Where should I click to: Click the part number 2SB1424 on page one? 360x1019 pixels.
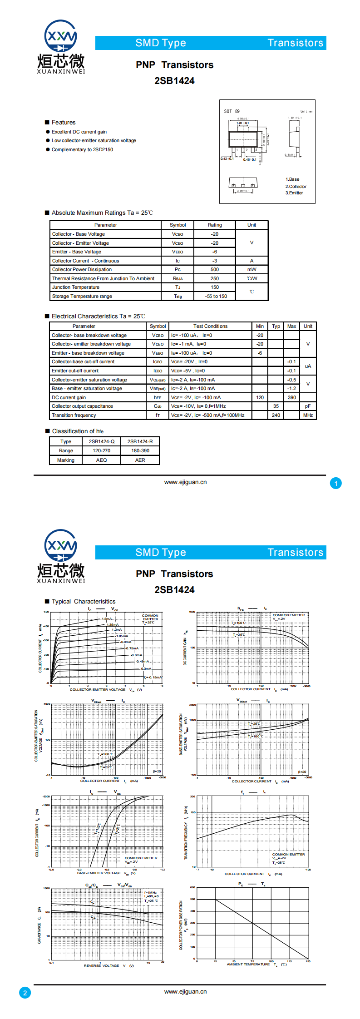(x=174, y=81)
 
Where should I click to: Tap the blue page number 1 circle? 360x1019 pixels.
(x=336, y=483)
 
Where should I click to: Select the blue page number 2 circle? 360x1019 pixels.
(x=25, y=992)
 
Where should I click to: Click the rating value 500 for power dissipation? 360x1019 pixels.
(x=215, y=269)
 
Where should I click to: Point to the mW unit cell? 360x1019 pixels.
(x=252, y=269)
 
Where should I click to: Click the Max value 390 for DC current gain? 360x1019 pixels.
(x=291, y=397)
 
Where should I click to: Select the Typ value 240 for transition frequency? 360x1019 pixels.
(x=276, y=415)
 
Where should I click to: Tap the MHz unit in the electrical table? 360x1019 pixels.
(x=308, y=415)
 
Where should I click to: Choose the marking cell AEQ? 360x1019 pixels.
(x=101, y=460)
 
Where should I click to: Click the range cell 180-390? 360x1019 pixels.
(x=140, y=450)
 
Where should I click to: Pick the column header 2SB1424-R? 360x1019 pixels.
(x=140, y=441)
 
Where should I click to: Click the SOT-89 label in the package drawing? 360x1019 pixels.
(x=232, y=111)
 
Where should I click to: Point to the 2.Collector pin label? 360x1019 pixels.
(x=296, y=186)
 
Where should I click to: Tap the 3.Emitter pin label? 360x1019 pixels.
(x=294, y=193)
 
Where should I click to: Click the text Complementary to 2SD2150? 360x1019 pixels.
(x=82, y=149)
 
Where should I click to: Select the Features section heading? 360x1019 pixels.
(x=63, y=123)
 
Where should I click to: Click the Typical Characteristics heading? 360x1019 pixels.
(x=83, y=601)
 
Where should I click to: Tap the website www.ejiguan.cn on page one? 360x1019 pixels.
(x=185, y=482)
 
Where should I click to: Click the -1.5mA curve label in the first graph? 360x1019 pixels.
(x=106, y=618)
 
